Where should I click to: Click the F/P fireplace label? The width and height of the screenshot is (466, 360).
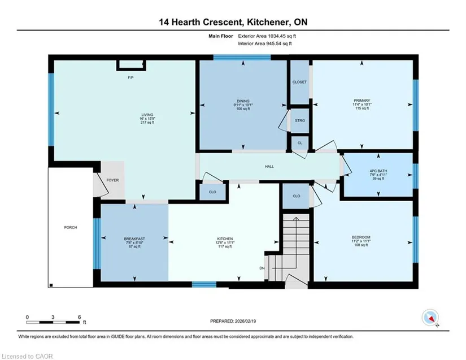coord(130,77)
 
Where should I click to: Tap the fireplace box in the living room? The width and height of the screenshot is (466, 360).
coord(131,65)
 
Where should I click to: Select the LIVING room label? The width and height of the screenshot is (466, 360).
coord(147,115)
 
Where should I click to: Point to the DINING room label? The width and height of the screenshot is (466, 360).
coord(243,101)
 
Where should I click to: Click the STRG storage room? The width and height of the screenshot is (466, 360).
coord(300,120)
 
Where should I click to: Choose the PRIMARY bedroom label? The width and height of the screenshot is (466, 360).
coord(362,101)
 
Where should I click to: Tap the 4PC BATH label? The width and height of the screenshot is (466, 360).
coord(378,171)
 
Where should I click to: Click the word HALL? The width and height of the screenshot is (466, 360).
coord(269,167)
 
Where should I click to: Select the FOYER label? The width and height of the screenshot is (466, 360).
coord(112,180)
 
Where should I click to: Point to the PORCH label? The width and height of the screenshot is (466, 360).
coord(71,227)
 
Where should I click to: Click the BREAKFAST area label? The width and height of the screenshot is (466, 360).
coord(134,238)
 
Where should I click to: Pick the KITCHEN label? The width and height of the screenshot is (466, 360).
coord(225,238)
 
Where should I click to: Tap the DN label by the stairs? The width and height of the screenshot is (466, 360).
coord(262,268)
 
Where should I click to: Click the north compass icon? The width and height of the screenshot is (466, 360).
coord(430,318)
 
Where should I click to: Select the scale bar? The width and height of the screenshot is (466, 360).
coord(53,322)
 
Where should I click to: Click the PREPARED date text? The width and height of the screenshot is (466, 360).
coord(233,321)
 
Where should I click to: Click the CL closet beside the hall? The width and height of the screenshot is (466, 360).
coord(300,143)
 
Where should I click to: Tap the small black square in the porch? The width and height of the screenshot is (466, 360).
coord(51,285)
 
